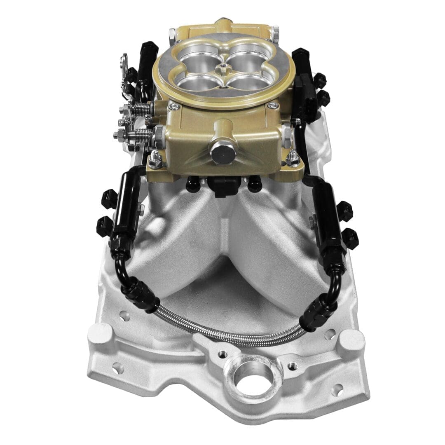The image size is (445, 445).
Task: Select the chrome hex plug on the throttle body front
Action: pyautogui.click(x=223, y=152)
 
